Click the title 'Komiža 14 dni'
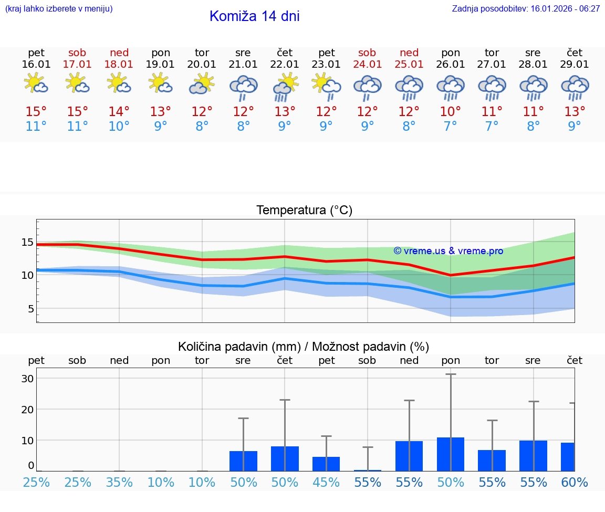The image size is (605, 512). (x=254, y=16)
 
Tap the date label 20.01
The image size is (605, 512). (x=202, y=65)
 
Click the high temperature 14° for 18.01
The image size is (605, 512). (x=119, y=112)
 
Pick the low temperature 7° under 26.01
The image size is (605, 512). (x=450, y=127)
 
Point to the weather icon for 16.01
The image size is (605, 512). (x=36, y=83)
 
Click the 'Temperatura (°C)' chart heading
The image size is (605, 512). (x=304, y=211)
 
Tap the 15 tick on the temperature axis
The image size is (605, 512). (x=27, y=242)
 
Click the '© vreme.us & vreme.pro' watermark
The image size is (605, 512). (x=448, y=251)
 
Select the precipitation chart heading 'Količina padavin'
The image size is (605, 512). (x=304, y=347)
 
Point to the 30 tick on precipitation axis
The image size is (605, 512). (x=27, y=379)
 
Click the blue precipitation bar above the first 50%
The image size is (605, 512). (x=243, y=461)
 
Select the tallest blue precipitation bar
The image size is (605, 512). (x=450, y=454)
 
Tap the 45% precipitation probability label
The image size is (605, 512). (x=326, y=483)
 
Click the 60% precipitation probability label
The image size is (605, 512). (x=575, y=483)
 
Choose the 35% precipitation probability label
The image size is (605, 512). (x=119, y=483)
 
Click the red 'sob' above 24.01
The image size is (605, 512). (x=367, y=53)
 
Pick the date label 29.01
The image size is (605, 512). (x=575, y=65)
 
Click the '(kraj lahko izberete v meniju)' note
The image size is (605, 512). (x=59, y=9)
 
